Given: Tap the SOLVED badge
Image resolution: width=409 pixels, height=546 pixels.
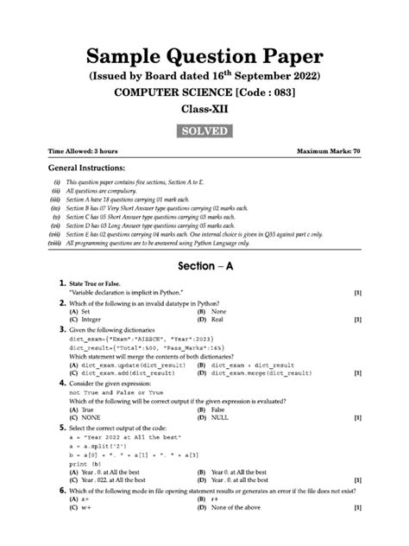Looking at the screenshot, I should coord(204,130).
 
